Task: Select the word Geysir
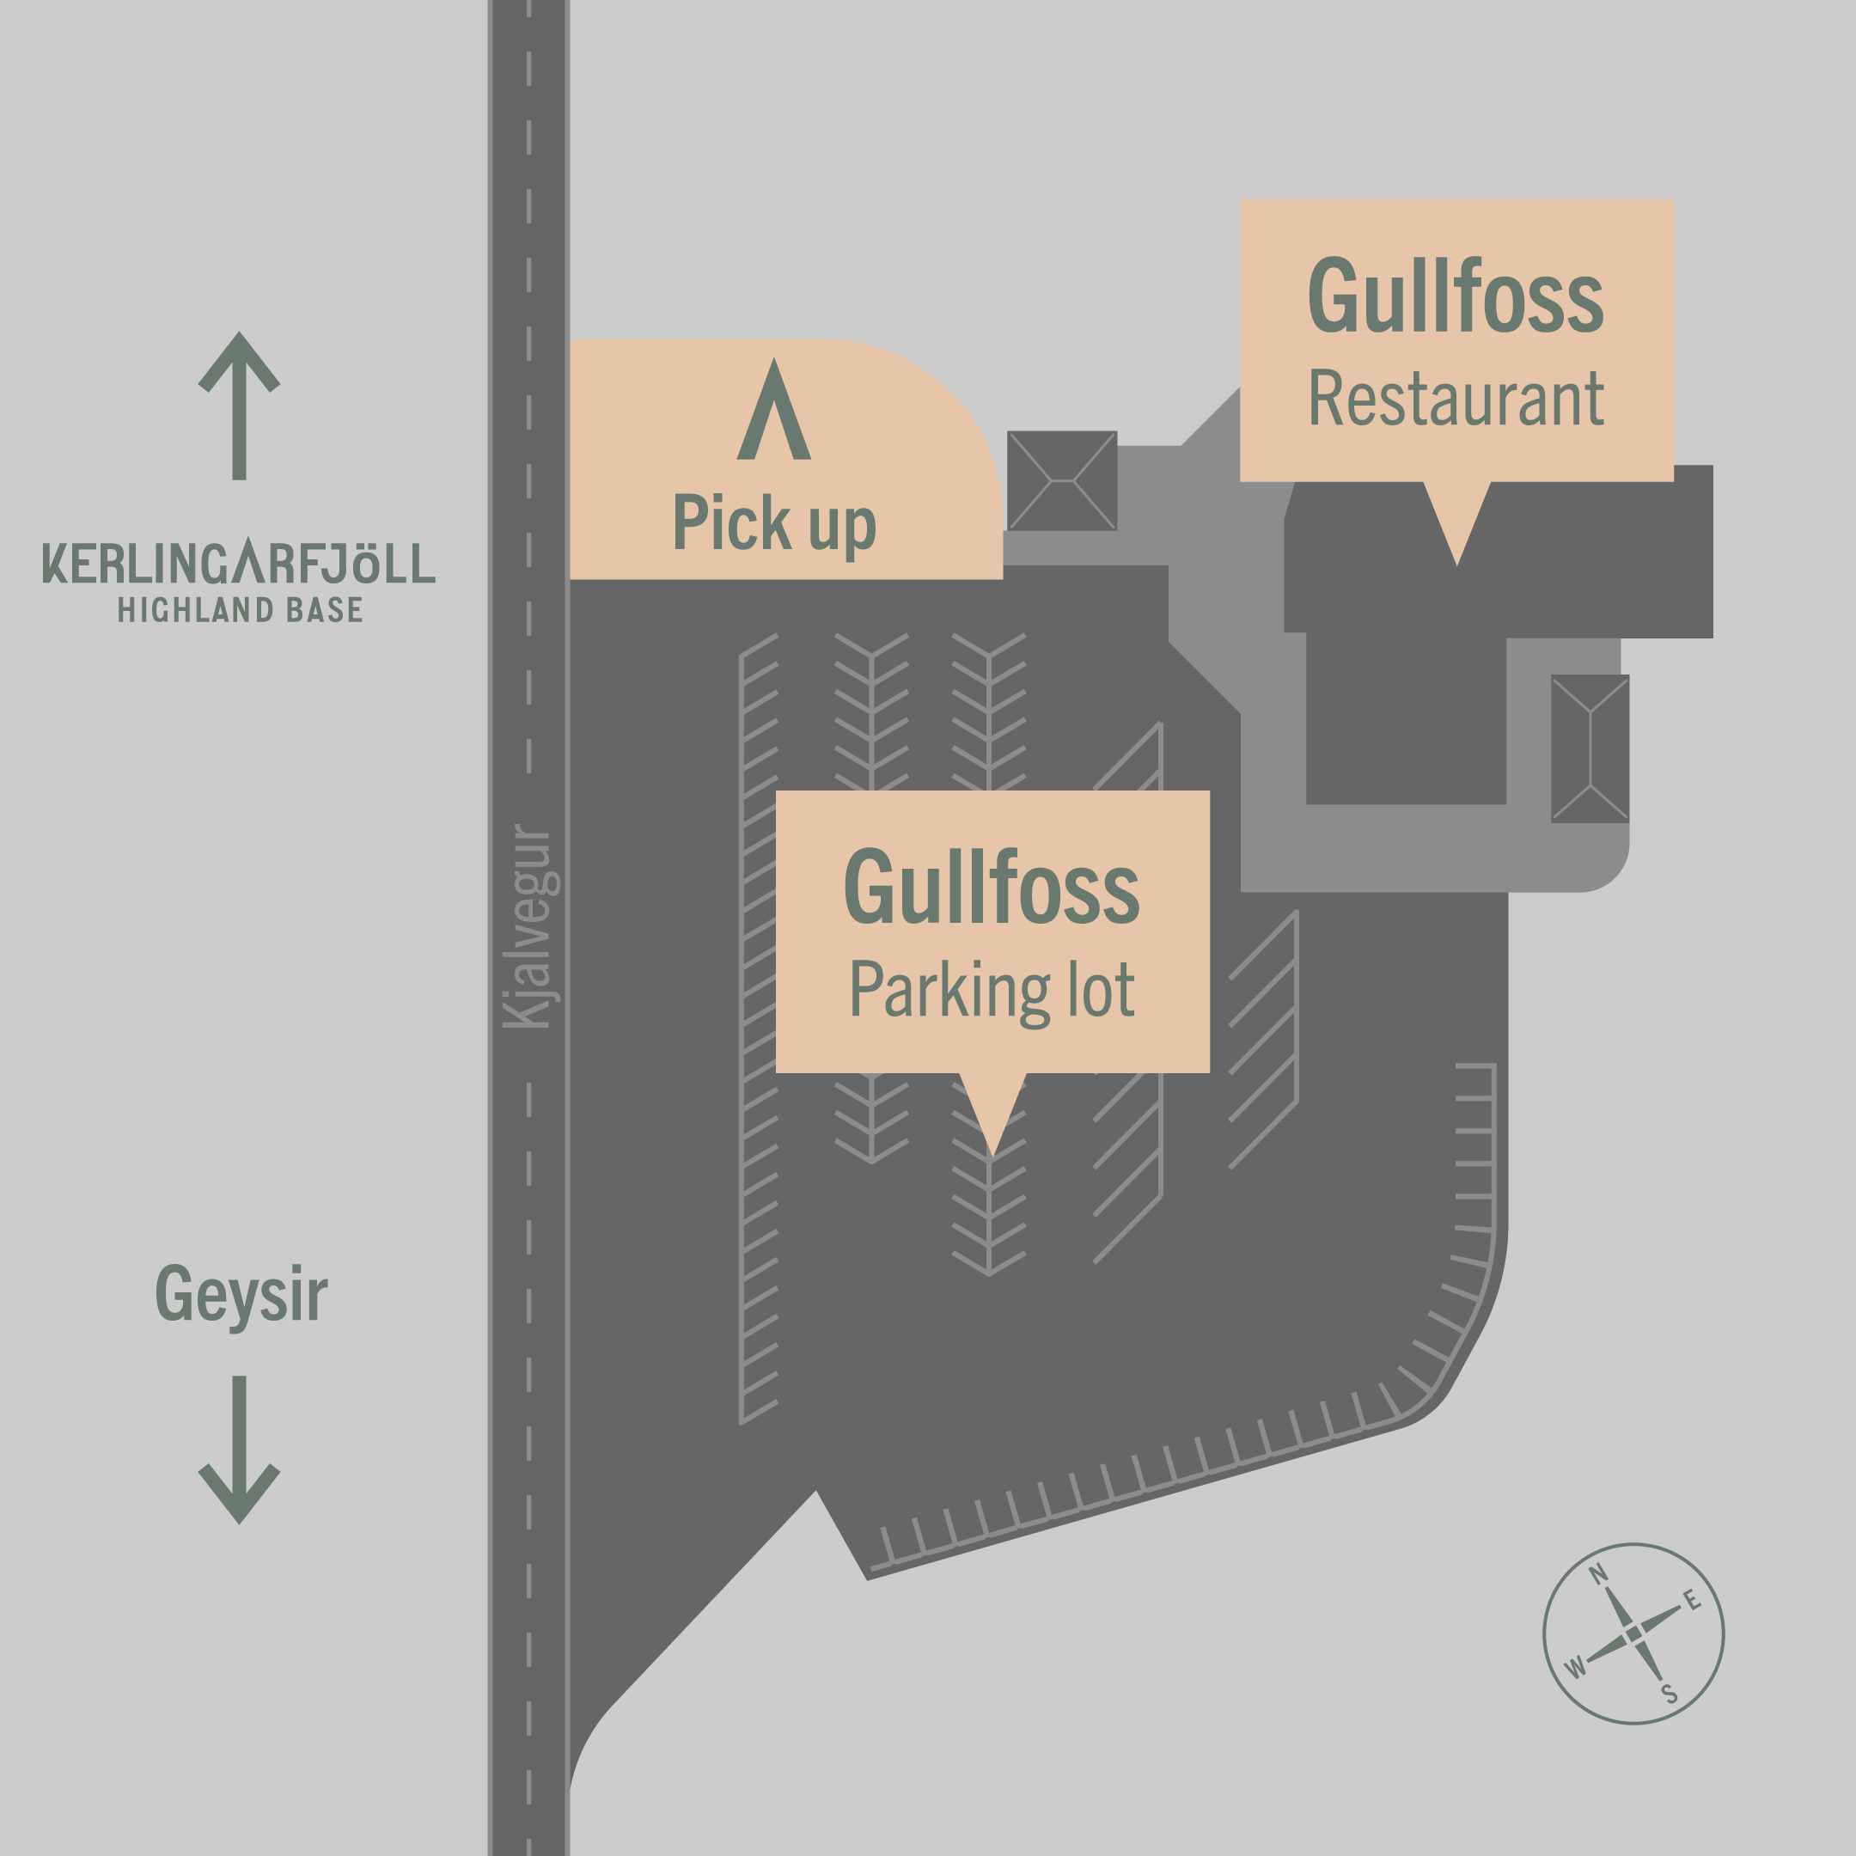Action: pos(241,1295)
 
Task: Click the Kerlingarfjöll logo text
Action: pos(238,563)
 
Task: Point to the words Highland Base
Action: pos(241,610)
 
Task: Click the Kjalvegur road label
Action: pos(529,927)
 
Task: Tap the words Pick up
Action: pos(774,523)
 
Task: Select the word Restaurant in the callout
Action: pos(1456,398)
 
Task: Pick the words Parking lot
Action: pos(992,991)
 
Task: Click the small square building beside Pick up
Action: pos(1061,480)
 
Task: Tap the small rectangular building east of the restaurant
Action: pos(1590,748)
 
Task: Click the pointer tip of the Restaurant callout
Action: pos(1456,561)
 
